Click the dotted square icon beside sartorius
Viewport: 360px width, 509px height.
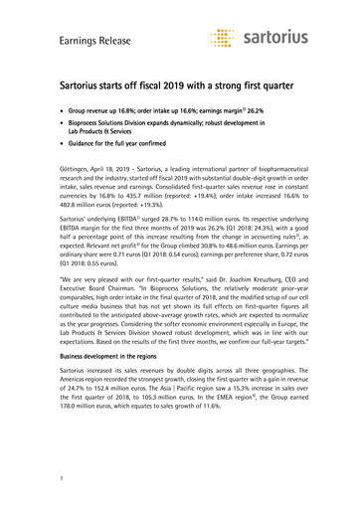pos(225,38)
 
